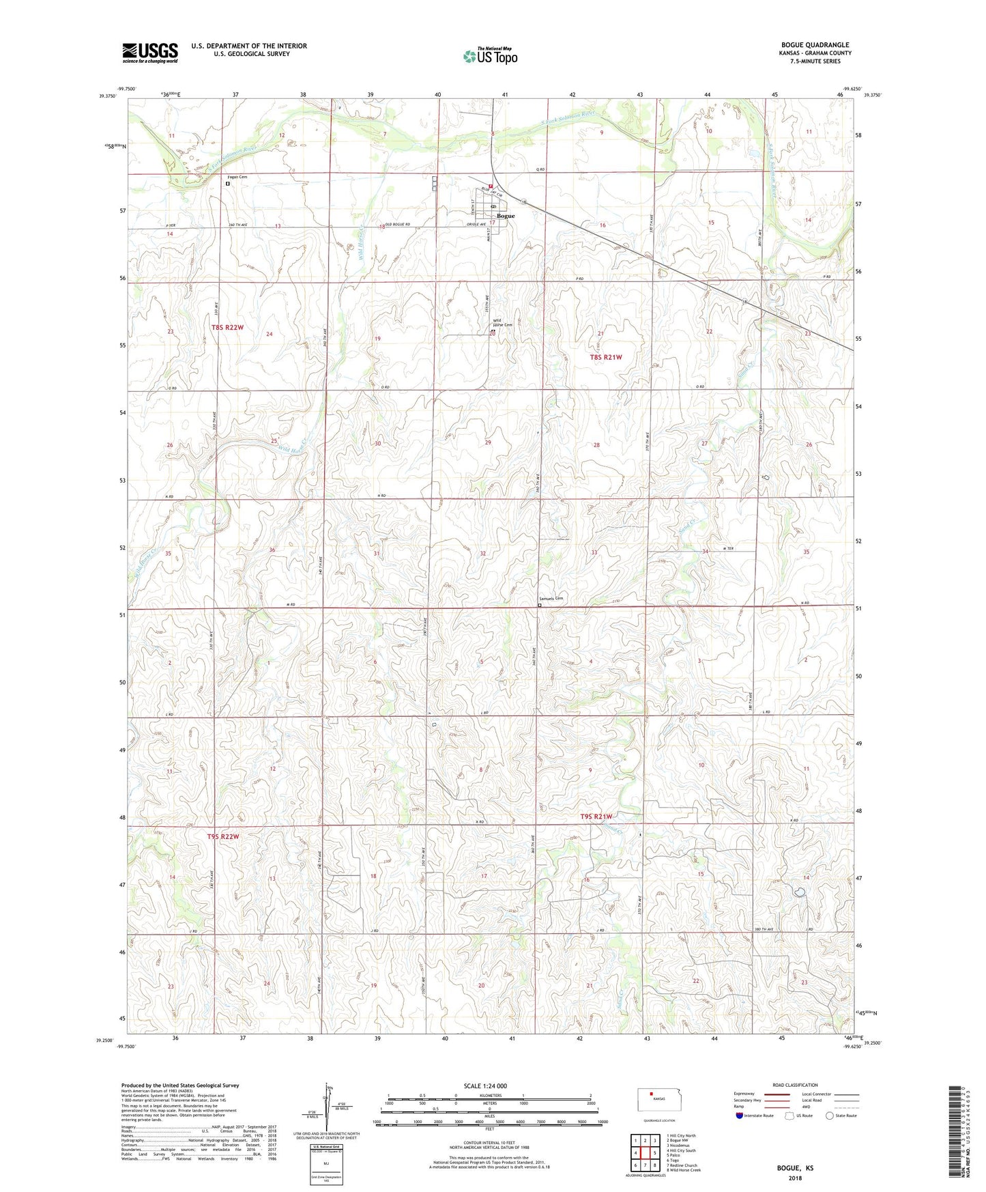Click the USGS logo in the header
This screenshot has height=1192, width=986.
coord(149,53)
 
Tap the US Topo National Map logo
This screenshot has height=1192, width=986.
coord(490,55)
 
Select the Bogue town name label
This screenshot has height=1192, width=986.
coord(506,216)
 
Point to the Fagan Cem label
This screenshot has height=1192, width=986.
coord(237,177)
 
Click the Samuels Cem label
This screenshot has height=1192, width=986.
coord(550,599)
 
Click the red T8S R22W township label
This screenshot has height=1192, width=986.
coord(227,328)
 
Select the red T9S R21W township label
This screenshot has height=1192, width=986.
coord(596,817)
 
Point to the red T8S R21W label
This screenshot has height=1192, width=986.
coord(606,357)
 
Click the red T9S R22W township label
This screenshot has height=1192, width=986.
coord(223,836)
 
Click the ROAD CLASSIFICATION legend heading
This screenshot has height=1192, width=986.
coord(795,1085)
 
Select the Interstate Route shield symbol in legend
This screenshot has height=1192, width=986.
coord(740,1116)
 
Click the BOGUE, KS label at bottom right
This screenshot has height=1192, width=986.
coord(795,1168)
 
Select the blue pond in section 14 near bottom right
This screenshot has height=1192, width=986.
coord(798,891)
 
